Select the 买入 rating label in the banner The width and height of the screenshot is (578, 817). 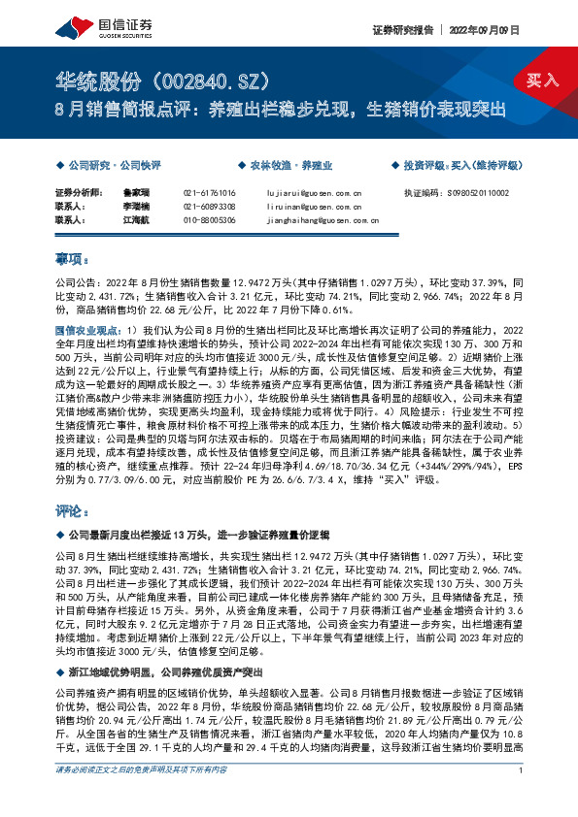coord(543,80)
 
